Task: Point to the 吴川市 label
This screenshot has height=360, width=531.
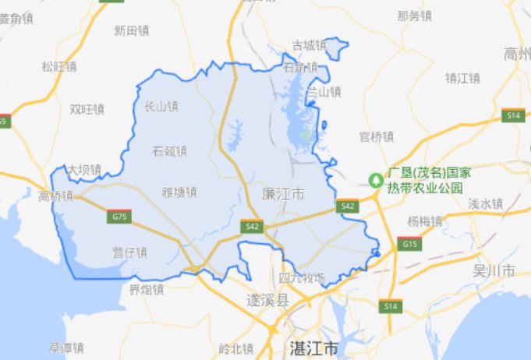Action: pos(494,271)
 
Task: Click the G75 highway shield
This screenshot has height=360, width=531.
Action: pos(120,215)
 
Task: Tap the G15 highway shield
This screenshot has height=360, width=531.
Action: pos(409,245)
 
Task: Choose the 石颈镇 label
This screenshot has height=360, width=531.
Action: pos(170,150)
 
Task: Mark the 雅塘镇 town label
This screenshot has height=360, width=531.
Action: pos(179,192)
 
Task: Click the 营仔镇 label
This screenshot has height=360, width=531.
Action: pos(129,251)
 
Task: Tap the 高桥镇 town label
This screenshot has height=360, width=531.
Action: pos(55,196)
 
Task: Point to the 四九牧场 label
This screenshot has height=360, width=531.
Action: pos(302,277)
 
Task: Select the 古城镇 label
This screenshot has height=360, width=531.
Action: pos(308,45)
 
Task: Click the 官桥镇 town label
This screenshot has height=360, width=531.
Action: pos(377,137)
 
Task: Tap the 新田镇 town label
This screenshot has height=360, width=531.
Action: pos(130,30)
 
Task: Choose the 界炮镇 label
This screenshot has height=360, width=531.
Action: pos(147,290)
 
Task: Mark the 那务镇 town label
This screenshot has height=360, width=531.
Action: pos(414,15)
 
